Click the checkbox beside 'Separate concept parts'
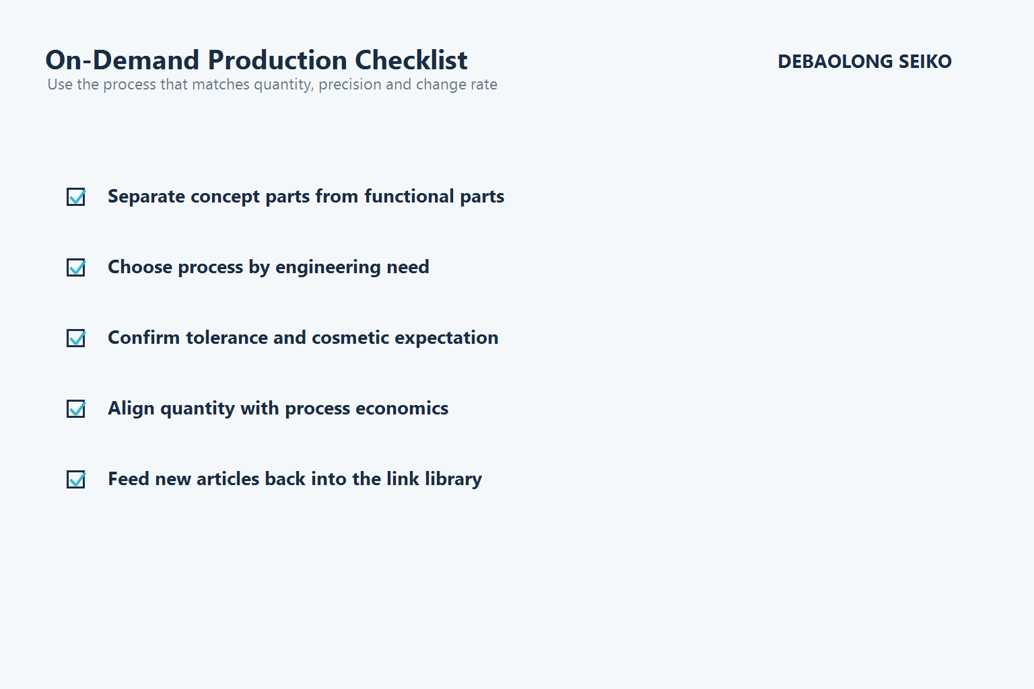[x=76, y=197]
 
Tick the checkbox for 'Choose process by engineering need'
[x=76, y=268]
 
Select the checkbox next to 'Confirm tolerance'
[x=76, y=338]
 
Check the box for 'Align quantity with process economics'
[x=76, y=409]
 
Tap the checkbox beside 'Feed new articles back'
[x=76, y=480]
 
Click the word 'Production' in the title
[x=277, y=61]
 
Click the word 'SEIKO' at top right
[x=925, y=62]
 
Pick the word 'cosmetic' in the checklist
[x=350, y=338]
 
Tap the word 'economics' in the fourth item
[x=402, y=408]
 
